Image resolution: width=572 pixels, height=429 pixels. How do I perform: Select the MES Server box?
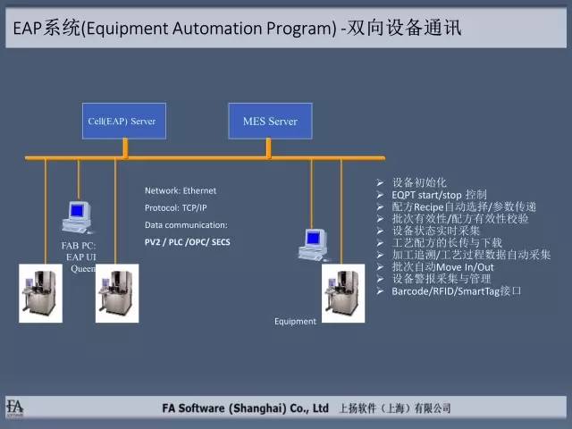(x=270, y=121)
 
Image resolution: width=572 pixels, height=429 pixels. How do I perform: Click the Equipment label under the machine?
(x=295, y=322)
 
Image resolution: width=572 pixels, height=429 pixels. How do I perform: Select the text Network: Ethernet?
(x=181, y=190)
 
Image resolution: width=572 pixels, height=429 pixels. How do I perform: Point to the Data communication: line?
(x=186, y=224)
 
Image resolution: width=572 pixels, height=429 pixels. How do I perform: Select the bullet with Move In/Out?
(x=445, y=267)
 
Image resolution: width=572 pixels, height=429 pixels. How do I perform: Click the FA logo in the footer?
(x=15, y=407)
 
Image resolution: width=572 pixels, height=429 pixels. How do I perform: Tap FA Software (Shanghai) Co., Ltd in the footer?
(x=240, y=408)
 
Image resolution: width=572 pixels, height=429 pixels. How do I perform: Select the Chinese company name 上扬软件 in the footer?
(x=360, y=408)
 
